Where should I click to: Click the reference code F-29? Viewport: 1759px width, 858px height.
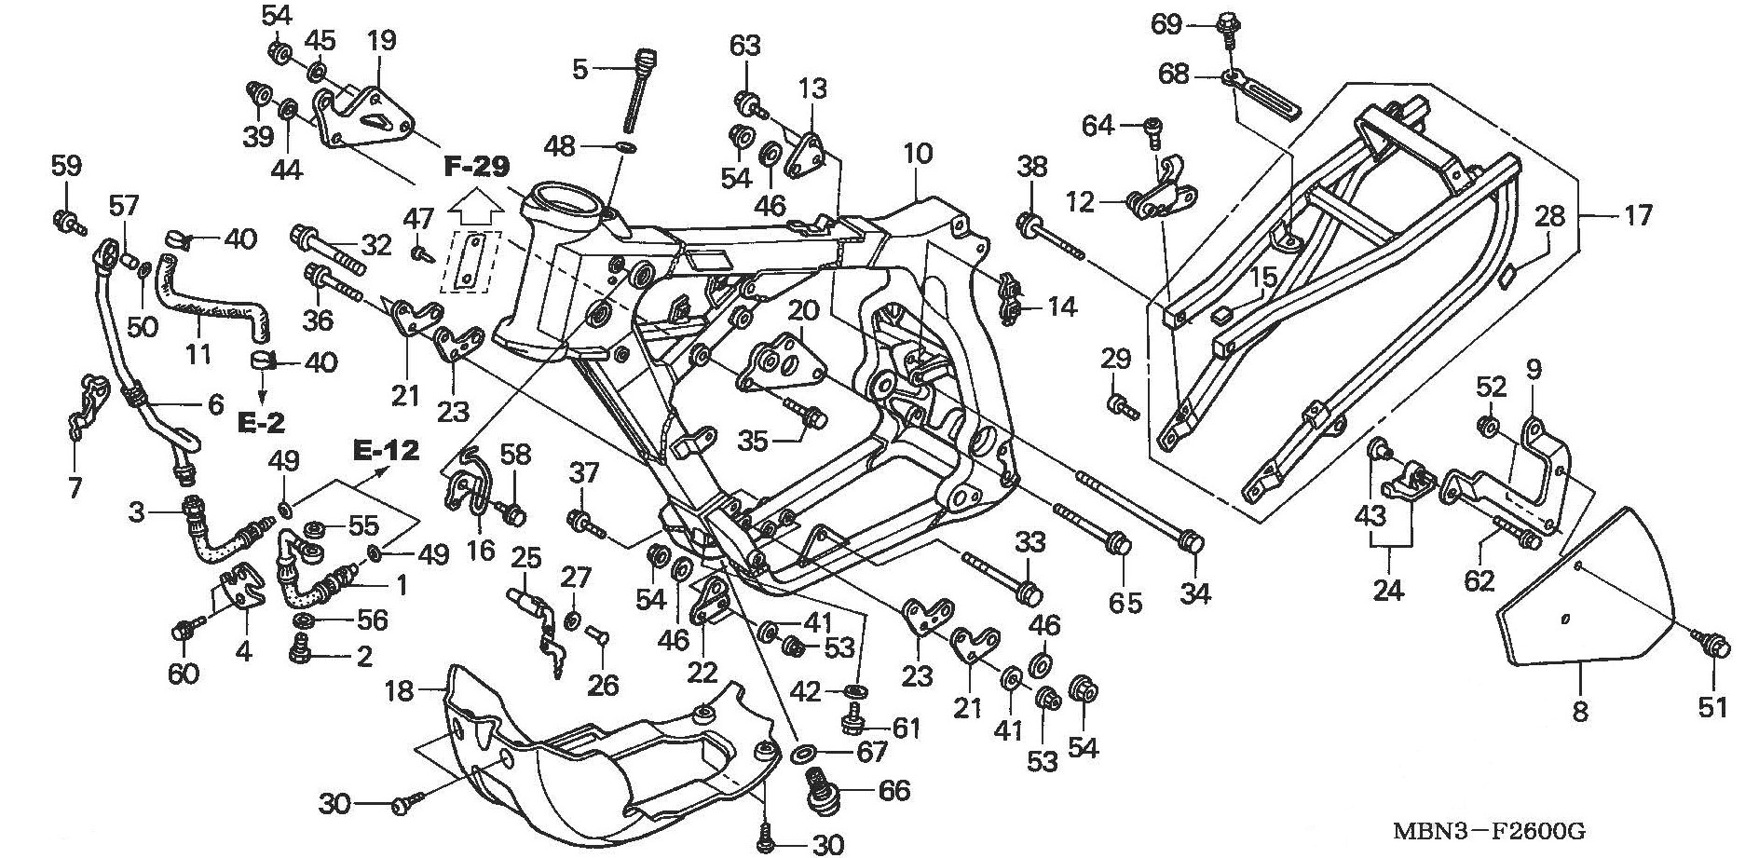point(476,168)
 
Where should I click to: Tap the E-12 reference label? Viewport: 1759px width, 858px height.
point(386,451)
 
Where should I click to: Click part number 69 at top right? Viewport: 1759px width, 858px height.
point(1166,23)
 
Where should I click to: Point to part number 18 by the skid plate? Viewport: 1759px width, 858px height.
point(399,691)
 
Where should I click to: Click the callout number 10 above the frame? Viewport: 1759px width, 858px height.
point(917,154)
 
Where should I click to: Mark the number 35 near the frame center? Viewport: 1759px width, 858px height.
point(754,441)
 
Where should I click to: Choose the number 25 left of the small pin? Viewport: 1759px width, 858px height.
point(526,560)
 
